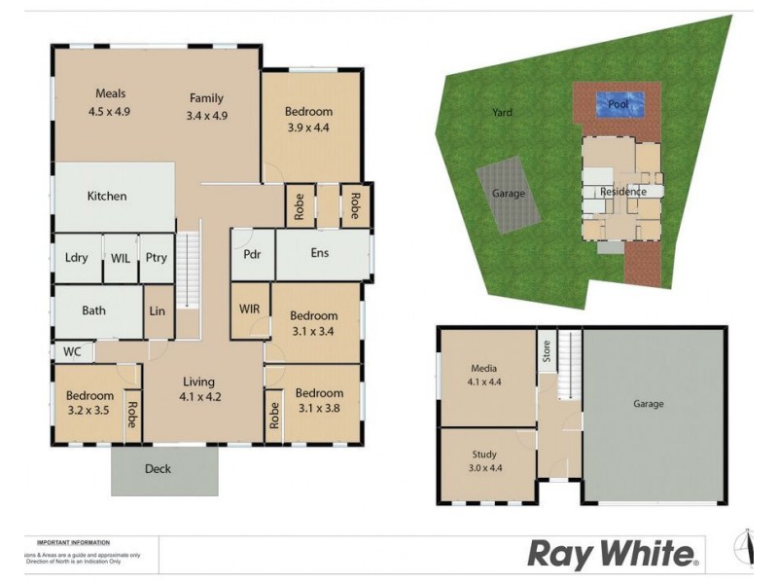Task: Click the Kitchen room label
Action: coord(107,196)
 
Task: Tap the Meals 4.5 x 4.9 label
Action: coord(110,102)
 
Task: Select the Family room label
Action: coord(206,106)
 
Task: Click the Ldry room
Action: coord(77,258)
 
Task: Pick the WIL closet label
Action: coord(121,258)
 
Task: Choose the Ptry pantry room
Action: coord(156,258)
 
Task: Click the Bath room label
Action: coord(94,311)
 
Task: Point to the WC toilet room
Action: coord(72,350)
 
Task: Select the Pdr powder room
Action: coord(253,254)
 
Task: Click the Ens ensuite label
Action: coord(320,254)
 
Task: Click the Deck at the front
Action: coord(158,469)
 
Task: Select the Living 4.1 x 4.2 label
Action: coord(198,389)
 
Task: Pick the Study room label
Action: coord(484,460)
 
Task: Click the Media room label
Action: coord(484,376)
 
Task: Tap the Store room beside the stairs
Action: coord(547,350)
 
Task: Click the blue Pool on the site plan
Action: coord(618,104)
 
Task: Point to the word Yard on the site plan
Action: coord(502,113)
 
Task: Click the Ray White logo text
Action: coord(613,555)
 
